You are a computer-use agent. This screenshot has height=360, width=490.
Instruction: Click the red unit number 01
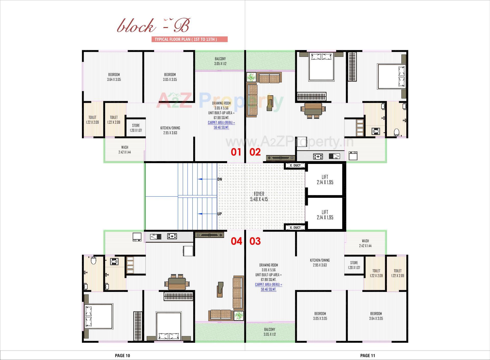pyautogui.click(x=236, y=152)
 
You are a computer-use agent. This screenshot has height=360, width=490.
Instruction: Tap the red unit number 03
pyautogui.click(x=255, y=241)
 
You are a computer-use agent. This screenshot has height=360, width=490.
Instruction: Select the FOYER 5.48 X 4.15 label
pyautogui.click(x=259, y=197)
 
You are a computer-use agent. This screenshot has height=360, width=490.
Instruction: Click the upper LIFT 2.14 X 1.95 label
pyautogui.click(x=325, y=179)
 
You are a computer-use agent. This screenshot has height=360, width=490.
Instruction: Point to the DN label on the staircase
pyautogui.click(x=219, y=179)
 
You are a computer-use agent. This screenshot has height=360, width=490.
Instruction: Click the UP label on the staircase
pyautogui.click(x=219, y=214)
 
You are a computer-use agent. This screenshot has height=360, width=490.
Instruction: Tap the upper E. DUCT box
pyautogui.click(x=295, y=165)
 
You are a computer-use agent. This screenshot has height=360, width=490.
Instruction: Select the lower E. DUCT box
pyautogui.click(x=295, y=227)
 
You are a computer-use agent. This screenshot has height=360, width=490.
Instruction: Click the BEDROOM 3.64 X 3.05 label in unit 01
pyautogui.click(x=114, y=77)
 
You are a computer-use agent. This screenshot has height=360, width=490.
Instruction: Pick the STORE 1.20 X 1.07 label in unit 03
pyautogui.click(x=354, y=265)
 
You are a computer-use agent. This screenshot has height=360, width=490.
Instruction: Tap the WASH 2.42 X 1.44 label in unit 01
pyautogui.click(x=125, y=150)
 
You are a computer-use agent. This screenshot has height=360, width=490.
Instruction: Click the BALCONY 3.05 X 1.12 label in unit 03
pyautogui.click(x=269, y=332)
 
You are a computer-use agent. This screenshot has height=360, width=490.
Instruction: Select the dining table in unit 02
pyautogui.click(x=313, y=109)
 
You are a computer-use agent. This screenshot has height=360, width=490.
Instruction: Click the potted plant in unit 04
pyautogui.click(x=239, y=316)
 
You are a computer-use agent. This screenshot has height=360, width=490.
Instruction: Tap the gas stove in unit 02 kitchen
pyautogui.click(x=318, y=156)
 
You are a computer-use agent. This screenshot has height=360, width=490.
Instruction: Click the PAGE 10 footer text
pyautogui.click(x=122, y=355)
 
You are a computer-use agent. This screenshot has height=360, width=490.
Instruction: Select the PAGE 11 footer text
pyautogui.click(x=367, y=355)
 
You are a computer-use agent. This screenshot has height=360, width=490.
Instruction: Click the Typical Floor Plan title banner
pyautogui.click(x=189, y=39)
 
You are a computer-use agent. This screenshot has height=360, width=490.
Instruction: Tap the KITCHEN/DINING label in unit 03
pyautogui.click(x=320, y=262)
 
